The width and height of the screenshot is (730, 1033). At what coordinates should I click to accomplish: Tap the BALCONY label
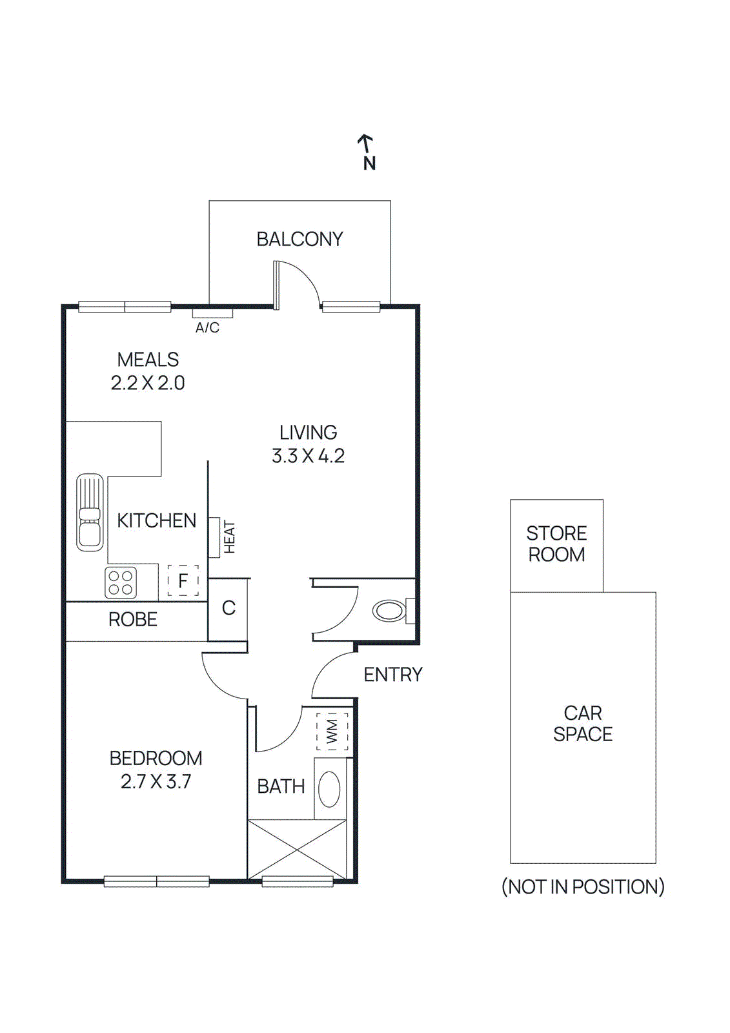pos(299,240)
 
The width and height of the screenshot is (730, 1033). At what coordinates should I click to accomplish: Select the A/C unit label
pos(207,328)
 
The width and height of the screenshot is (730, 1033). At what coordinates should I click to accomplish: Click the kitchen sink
pos(90,513)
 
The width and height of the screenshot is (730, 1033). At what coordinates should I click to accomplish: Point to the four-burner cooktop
pos(121,582)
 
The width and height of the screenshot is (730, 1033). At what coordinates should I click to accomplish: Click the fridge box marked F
pos(183,580)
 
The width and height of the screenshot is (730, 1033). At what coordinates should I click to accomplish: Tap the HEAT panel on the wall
pos(215,537)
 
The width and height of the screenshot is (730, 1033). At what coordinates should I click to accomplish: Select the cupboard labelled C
pos(228,608)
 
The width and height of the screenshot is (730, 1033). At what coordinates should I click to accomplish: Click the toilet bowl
pos(389,611)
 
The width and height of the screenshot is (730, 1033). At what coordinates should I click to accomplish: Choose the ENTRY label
pos(392,675)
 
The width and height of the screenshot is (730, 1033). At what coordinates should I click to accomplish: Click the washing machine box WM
pos(332,731)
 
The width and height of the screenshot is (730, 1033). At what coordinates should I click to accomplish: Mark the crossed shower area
pos(297,850)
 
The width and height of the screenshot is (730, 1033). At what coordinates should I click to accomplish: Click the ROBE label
pos(133,620)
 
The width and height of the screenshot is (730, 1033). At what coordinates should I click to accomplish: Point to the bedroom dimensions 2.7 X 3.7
pos(156,782)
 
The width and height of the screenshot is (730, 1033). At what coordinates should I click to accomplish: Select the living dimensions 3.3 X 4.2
pos(308,456)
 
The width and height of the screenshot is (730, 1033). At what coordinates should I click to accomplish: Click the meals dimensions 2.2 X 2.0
pos(148,384)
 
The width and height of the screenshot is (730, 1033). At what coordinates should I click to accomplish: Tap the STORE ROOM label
pos(556,544)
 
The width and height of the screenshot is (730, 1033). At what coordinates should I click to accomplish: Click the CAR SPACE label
pos(583,724)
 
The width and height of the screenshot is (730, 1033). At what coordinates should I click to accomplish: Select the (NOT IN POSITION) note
pos(583,887)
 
